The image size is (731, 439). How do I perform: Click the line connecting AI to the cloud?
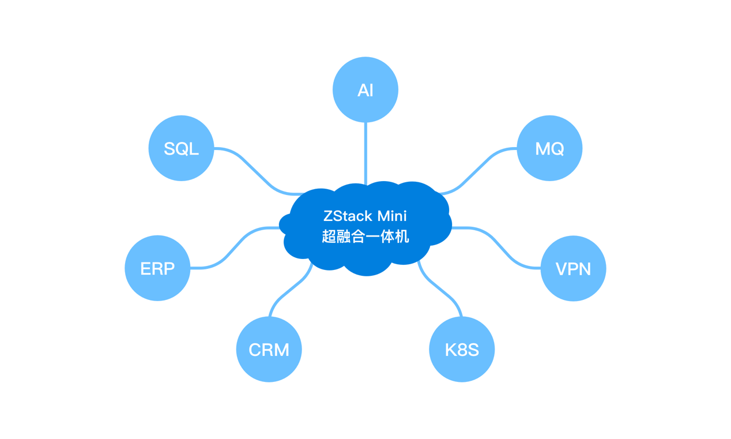(x=365, y=153)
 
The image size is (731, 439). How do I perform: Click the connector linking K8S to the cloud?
(x=440, y=291)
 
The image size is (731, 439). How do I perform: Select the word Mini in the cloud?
(x=392, y=216)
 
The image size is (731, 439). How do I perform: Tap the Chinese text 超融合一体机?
(x=365, y=237)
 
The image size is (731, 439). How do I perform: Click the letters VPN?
(x=573, y=269)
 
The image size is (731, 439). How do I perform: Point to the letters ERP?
(x=157, y=269)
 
